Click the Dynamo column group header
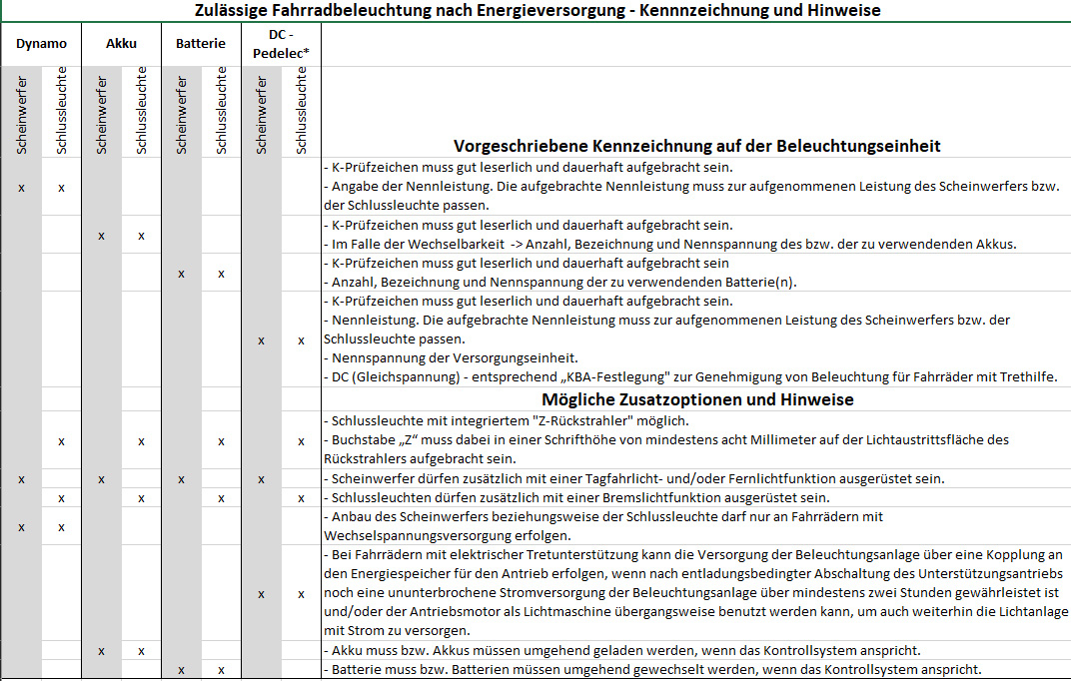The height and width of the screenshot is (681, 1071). (41, 44)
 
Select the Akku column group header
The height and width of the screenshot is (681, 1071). (121, 44)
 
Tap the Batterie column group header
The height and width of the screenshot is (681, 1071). (201, 44)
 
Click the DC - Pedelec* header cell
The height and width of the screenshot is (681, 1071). (281, 44)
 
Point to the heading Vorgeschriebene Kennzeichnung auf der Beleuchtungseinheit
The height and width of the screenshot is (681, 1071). (696, 146)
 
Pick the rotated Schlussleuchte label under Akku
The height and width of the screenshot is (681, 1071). (141, 111)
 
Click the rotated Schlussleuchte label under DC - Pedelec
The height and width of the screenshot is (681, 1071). (301, 111)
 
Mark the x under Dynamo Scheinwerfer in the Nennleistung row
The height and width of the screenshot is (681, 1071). (21, 187)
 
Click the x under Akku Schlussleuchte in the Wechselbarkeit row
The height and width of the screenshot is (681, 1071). (141, 236)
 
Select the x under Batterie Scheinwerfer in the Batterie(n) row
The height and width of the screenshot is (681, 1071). (181, 274)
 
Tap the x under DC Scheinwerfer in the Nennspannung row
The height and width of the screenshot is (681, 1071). (261, 340)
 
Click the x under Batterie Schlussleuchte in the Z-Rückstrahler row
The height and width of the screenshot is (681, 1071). (221, 440)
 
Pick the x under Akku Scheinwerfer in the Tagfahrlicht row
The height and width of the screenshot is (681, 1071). (101, 479)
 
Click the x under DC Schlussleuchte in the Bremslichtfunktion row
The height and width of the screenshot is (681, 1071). (301, 497)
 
